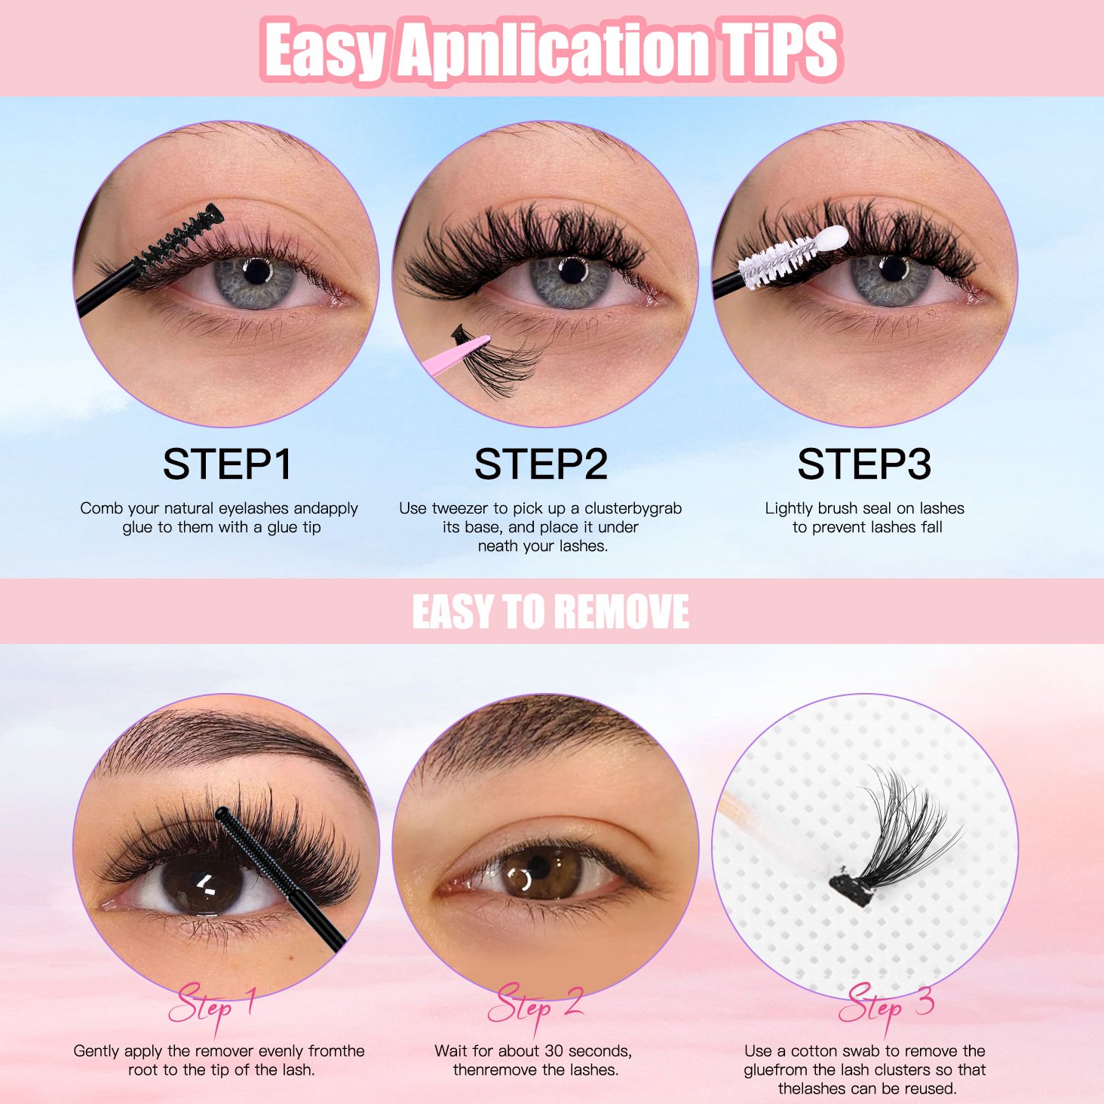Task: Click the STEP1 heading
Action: (x=228, y=464)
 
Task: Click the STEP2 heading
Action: (x=541, y=464)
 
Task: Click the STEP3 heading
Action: (x=864, y=464)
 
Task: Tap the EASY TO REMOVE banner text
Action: (x=550, y=612)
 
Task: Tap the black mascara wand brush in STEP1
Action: (x=178, y=238)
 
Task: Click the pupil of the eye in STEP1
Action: (x=257, y=271)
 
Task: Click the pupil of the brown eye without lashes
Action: (x=538, y=866)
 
